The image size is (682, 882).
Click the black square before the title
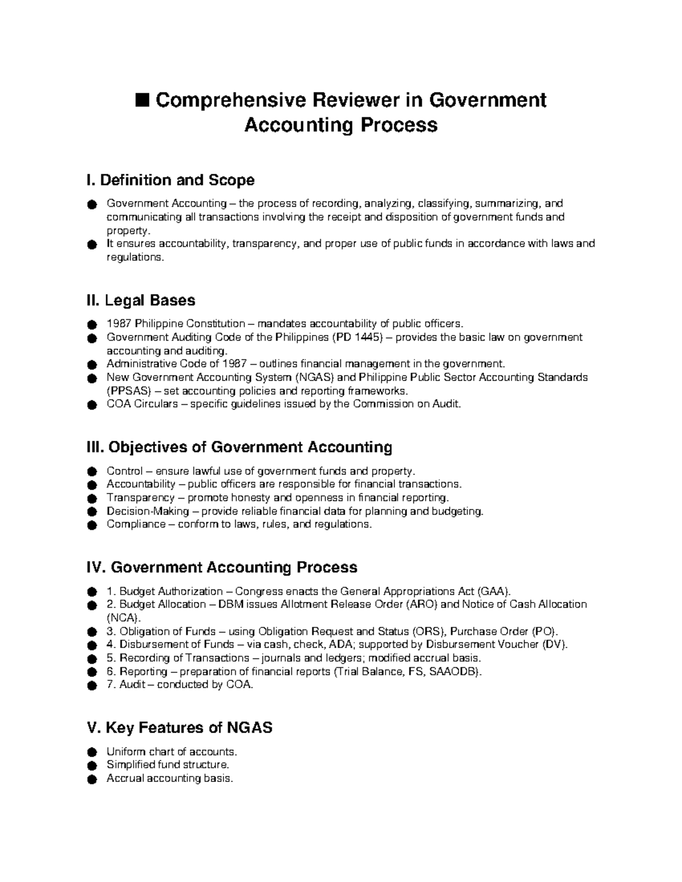click(142, 101)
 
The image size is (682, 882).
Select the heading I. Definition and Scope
click(170, 180)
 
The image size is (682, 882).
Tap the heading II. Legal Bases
click(140, 300)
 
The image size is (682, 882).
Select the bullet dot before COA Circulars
click(92, 406)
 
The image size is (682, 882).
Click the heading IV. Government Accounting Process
click(222, 567)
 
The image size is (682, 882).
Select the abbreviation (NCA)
click(122, 618)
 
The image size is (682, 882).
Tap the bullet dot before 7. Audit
click(92, 686)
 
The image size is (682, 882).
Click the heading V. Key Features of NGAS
click(179, 728)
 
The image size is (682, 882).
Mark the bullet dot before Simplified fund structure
click(92, 766)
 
